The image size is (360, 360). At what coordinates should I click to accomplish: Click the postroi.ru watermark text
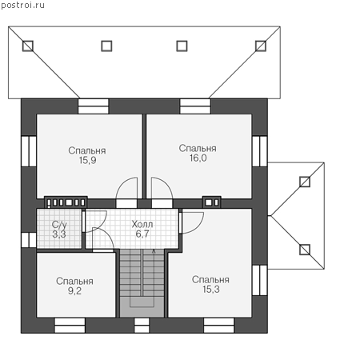(x=23, y=6)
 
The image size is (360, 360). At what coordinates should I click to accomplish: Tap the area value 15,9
(x=87, y=160)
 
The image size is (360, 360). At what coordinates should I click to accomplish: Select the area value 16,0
(x=198, y=158)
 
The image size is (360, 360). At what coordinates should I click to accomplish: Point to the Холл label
(x=142, y=224)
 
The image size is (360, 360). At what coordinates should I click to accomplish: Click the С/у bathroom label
(x=59, y=225)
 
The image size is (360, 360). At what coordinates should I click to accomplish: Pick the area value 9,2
(x=74, y=290)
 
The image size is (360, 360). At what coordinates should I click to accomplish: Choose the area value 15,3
(x=211, y=290)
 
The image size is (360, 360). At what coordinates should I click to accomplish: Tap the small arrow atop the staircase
(x=154, y=251)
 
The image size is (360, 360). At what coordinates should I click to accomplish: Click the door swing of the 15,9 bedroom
(x=126, y=188)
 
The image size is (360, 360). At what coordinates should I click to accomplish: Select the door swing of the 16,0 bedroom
(x=162, y=188)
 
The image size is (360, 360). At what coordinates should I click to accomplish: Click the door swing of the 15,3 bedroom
(x=193, y=223)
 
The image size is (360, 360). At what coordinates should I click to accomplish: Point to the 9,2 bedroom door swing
(x=103, y=238)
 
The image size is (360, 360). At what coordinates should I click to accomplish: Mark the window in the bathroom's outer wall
(x=29, y=240)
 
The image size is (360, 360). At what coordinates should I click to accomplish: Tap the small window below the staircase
(x=142, y=325)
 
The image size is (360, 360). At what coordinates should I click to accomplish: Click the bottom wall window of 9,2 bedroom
(x=70, y=325)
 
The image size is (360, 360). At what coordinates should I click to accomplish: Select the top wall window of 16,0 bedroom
(x=195, y=106)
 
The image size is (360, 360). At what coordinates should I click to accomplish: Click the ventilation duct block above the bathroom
(x=66, y=202)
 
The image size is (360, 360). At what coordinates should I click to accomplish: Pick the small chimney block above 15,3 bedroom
(x=212, y=202)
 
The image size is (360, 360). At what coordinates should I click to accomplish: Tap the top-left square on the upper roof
(x=28, y=46)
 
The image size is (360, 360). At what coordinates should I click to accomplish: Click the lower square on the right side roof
(x=305, y=250)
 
